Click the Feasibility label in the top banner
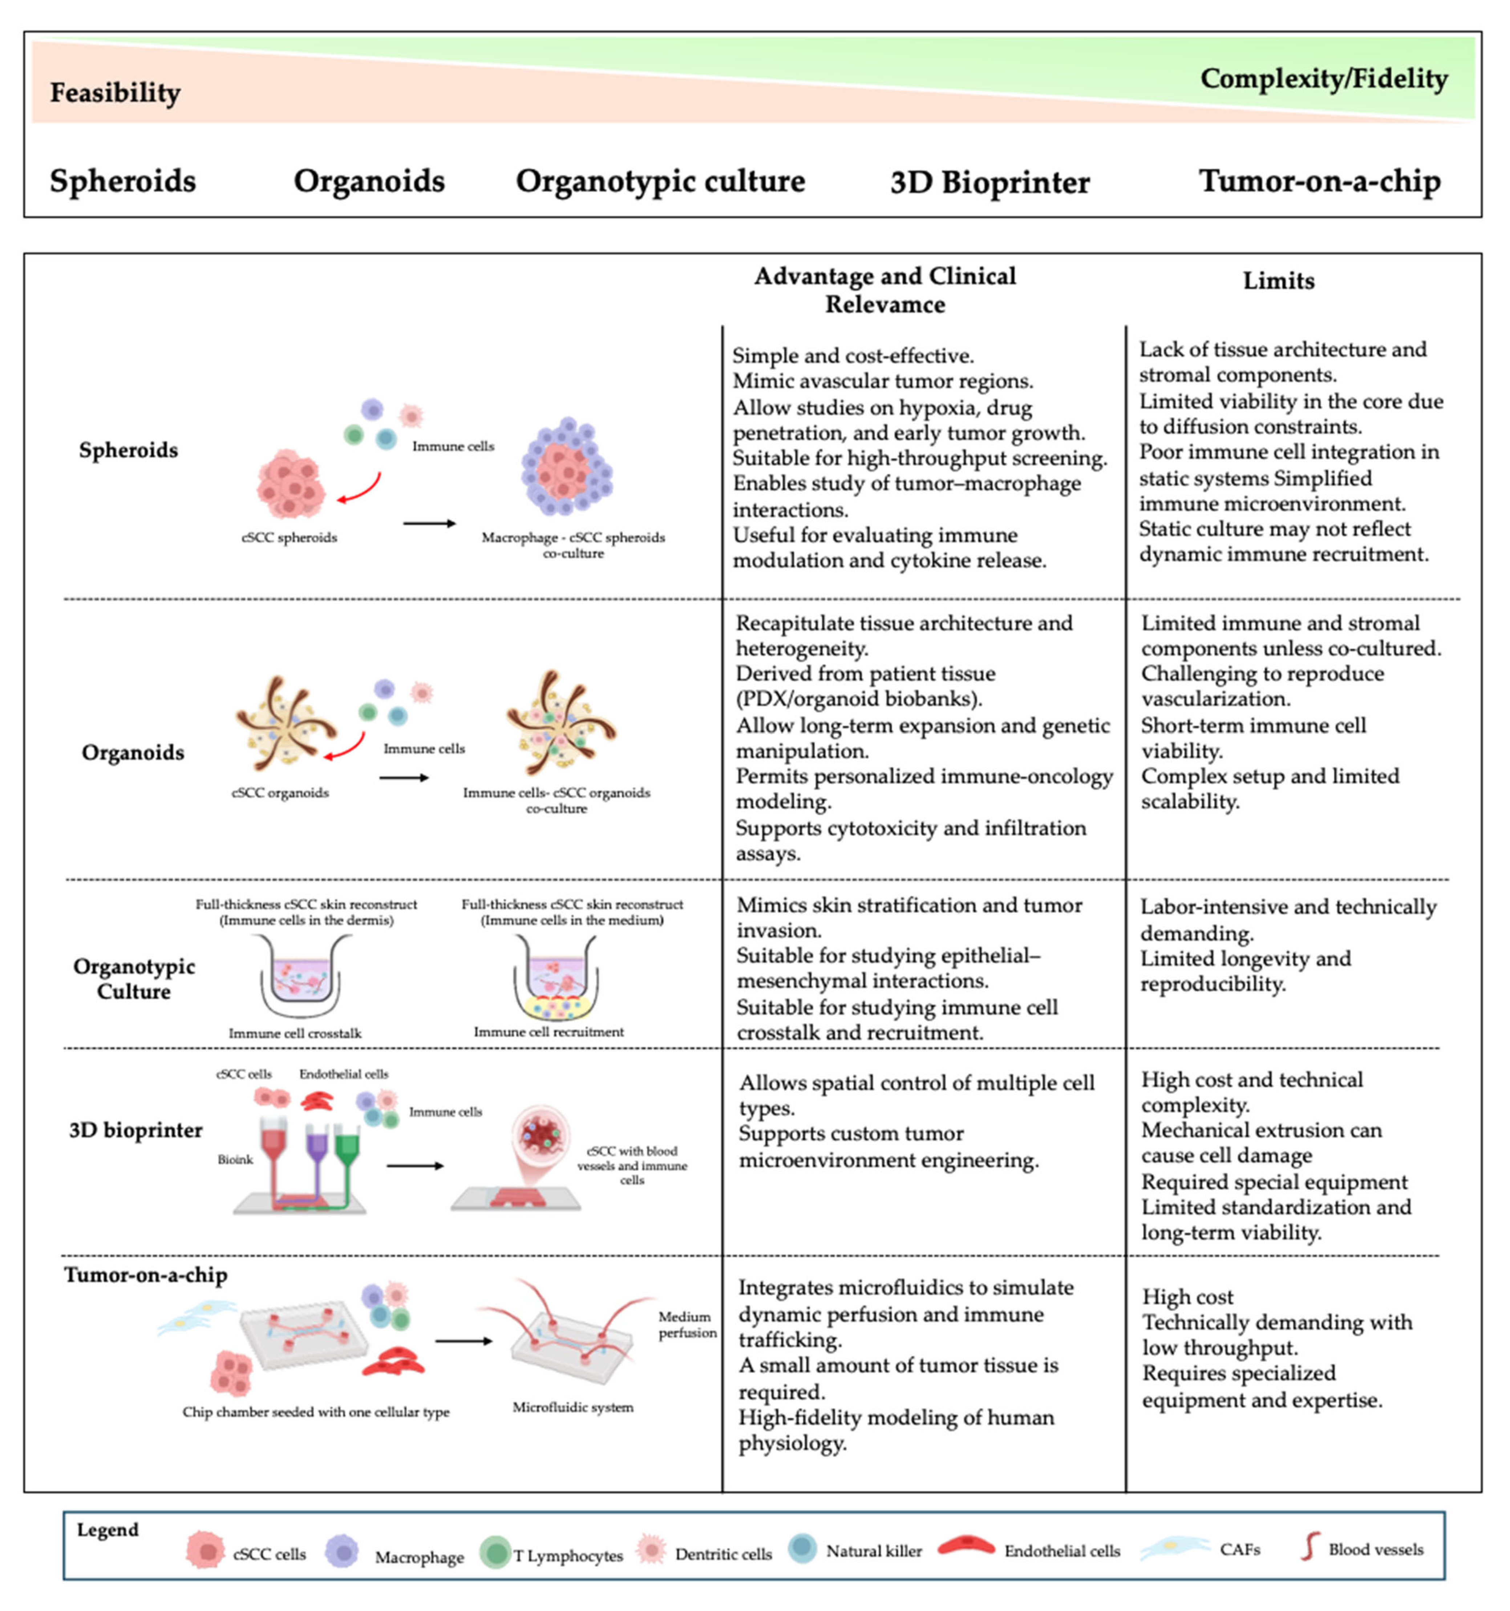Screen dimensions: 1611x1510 point(115,92)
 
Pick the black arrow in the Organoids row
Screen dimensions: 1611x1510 point(404,778)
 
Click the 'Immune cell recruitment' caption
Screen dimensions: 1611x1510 point(549,1032)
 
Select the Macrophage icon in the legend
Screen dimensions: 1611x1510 point(342,1551)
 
